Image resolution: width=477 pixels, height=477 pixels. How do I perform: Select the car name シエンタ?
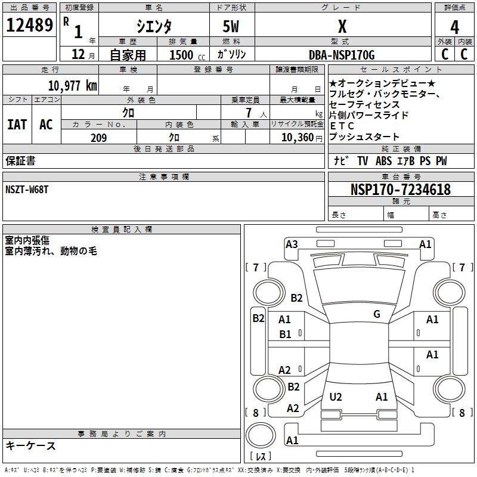tap(154, 27)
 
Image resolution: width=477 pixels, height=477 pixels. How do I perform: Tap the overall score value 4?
tap(454, 27)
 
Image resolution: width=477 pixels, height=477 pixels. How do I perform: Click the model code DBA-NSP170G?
tap(342, 55)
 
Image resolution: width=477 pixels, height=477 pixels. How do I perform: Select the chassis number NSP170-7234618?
tap(400, 190)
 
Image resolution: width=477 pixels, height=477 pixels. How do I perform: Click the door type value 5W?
tap(232, 27)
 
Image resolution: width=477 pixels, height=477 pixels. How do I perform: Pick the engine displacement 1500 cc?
tap(185, 55)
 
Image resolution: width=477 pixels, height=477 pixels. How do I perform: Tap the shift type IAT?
tap(17, 125)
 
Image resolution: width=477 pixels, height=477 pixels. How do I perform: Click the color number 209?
tap(98, 138)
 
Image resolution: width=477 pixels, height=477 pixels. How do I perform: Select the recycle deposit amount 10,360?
tap(296, 138)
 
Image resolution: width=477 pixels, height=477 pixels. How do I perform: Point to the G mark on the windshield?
tap(377, 314)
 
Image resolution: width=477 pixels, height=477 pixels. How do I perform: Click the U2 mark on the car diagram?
tap(336, 397)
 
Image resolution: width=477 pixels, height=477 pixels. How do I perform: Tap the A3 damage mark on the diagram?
tap(292, 244)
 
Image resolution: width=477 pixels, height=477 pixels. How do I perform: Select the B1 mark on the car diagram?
tap(285, 334)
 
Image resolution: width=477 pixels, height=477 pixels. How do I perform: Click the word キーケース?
tap(30, 445)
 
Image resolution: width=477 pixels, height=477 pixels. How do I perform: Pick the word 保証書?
tap(20, 161)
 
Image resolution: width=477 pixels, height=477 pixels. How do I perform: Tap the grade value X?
tap(342, 27)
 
